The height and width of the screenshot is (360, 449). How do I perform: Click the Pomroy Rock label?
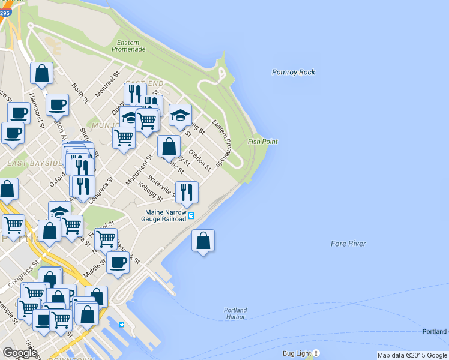pyautogui.click(x=293, y=73)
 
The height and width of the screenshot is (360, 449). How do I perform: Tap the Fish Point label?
pyautogui.click(x=262, y=142)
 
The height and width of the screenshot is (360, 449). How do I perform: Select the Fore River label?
pyautogui.click(x=348, y=244)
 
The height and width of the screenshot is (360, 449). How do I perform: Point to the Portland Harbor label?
pyautogui.click(x=235, y=313)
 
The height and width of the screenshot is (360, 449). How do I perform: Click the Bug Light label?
pyautogui.click(x=298, y=353)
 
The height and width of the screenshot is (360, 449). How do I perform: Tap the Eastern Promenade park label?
pyautogui.click(x=128, y=46)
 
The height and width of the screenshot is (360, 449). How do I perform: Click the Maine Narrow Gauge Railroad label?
pyautogui.click(x=165, y=215)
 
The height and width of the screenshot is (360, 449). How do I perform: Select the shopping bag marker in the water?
pyautogui.click(x=203, y=241)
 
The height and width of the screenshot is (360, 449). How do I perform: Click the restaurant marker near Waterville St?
pyautogui.click(x=187, y=192)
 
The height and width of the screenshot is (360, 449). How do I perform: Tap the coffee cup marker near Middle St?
pyautogui.click(x=118, y=262)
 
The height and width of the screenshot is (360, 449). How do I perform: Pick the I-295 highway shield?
pyautogui.click(x=5, y=11)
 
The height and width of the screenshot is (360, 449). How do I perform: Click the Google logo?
pyautogui.click(x=20, y=353)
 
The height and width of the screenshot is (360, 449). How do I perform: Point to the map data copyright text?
pyautogui.click(x=412, y=355)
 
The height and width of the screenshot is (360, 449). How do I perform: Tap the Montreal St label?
pyautogui.click(x=108, y=88)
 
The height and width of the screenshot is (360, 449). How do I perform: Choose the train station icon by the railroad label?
pyautogui.click(x=191, y=215)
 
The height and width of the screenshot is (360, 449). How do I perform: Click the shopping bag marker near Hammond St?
pyautogui.click(x=42, y=74)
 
